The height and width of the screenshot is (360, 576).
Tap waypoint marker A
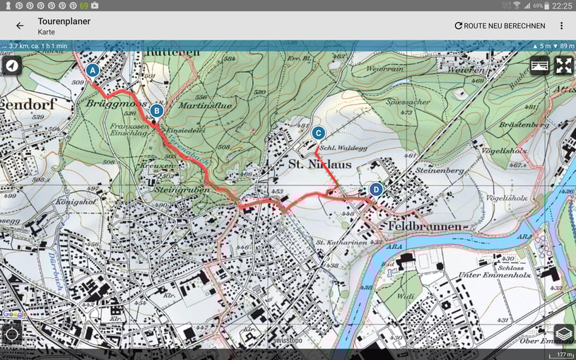(x=93, y=70)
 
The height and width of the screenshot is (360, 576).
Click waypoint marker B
(x=157, y=110)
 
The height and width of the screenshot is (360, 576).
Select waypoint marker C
(x=318, y=132)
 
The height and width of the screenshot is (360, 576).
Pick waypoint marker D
(x=376, y=189)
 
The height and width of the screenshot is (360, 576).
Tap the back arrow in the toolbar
(x=20, y=25)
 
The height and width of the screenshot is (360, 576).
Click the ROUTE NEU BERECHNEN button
(x=500, y=25)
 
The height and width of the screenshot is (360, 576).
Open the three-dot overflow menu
(x=562, y=25)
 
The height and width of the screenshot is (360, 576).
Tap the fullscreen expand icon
(x=563, y=66)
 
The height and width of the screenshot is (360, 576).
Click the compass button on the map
(x=11, y=66)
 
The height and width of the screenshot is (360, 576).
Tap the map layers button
(x=563, y=333)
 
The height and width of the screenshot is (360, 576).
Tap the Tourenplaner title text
(x=64, y=21)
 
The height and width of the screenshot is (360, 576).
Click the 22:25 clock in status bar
(x=563, y=5)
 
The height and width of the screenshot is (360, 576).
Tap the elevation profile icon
(x=539, y=66)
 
